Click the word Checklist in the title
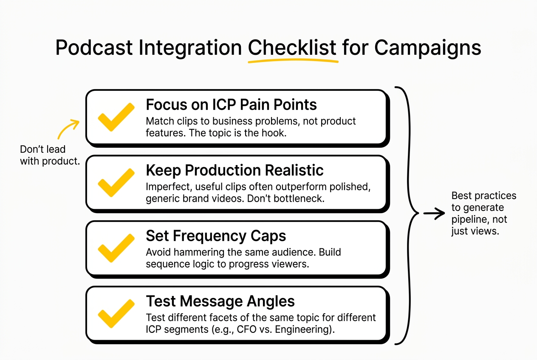(x=292, y=48)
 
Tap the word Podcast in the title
(x=94, y=48)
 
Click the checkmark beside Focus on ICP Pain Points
(x=116, y=117)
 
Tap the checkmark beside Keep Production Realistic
(x=116, y=182)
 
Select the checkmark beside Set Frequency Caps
(x=116, y=248)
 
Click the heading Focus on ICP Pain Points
(x=231, y=105)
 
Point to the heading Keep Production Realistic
(x=235, y=170)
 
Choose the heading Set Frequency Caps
(x=216, y=236)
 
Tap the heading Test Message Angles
(x=220, y=301)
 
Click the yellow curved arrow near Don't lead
(x=68, y=129)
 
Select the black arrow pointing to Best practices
(x=433, y=214)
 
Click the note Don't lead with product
(x=50, y=155)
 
